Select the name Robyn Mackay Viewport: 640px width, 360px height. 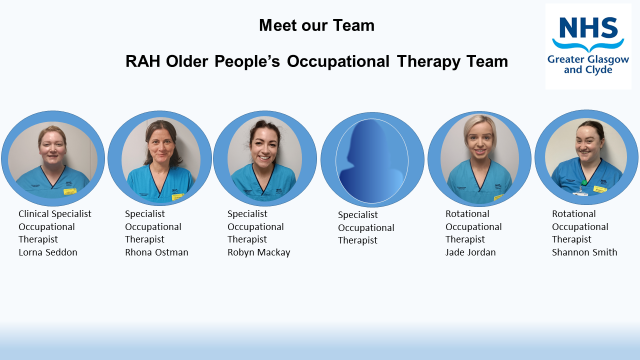pyautogui.click(x=259, y=252)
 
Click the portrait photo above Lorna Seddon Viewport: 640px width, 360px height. pyautogui.click(x=52, y=158)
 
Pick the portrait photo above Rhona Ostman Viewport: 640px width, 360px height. pyautogui.click(x=159, y=158)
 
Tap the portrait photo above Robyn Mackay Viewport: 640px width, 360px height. pyautogui.click(x=265, y=158)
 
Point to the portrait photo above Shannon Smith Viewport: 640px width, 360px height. pyautogui.click(x=586, y=158)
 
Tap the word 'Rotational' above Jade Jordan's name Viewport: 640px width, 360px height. pyautogui.click(x=468, y=213)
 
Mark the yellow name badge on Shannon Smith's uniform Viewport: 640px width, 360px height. pyautogui.click(x=600, y=188)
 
